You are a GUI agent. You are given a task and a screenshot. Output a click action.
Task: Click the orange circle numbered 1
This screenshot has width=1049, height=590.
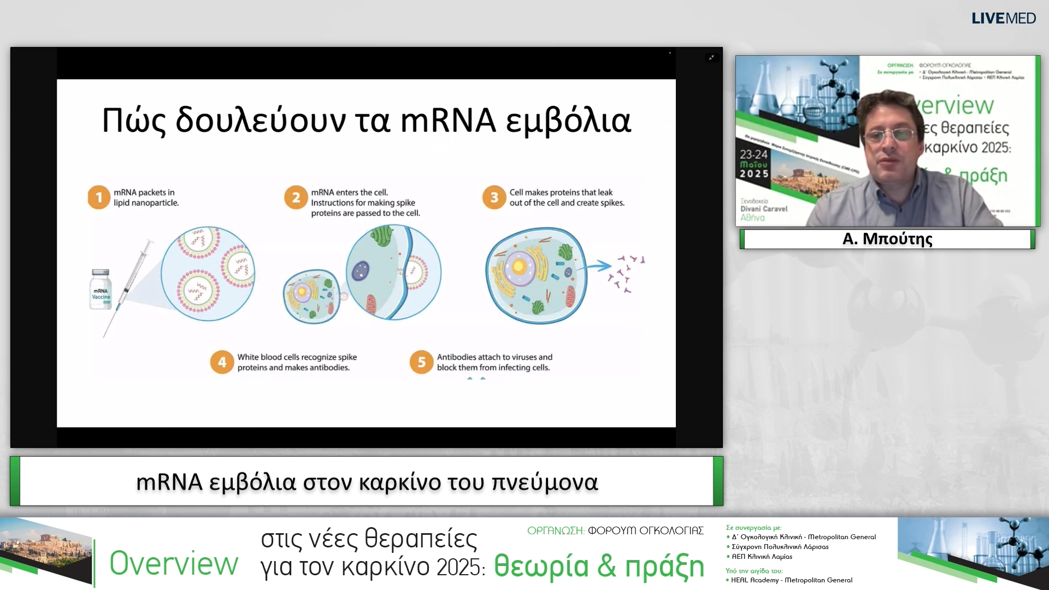click(x=99, y=197)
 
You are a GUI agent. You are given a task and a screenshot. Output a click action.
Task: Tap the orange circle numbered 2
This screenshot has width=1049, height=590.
click(x=296, y=197)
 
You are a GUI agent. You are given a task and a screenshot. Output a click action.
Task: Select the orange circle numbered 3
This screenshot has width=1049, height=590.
click(x=494, y=197)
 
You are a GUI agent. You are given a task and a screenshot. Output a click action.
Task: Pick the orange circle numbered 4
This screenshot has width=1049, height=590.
click(x=222, y=362)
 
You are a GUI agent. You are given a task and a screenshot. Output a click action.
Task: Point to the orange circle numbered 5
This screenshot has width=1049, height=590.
click(x=421, y=362)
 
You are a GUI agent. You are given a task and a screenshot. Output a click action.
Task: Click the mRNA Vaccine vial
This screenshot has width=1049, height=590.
click(x=101, y=290)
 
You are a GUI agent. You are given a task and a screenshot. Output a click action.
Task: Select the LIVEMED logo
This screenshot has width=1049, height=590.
click(x=1003, y=19)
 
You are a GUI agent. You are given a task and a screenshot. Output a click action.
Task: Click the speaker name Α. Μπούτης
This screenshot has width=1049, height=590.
click(x=887, y=239)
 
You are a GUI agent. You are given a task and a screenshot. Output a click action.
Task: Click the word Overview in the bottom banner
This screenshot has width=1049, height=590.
click(x=174, y=564)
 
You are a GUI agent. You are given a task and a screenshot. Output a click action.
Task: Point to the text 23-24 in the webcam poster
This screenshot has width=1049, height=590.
click(x=754, y=155)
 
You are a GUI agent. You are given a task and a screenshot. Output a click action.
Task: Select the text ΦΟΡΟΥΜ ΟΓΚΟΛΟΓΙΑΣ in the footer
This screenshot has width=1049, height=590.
click(x=645, y=530)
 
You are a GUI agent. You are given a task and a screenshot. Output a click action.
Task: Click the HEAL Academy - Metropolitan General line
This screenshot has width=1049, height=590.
click(x=791, y=580)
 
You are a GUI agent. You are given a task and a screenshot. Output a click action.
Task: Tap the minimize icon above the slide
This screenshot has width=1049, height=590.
click(x=711, y=57)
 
